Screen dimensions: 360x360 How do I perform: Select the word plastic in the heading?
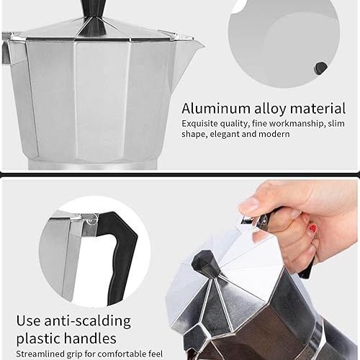[x=51, y=338]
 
